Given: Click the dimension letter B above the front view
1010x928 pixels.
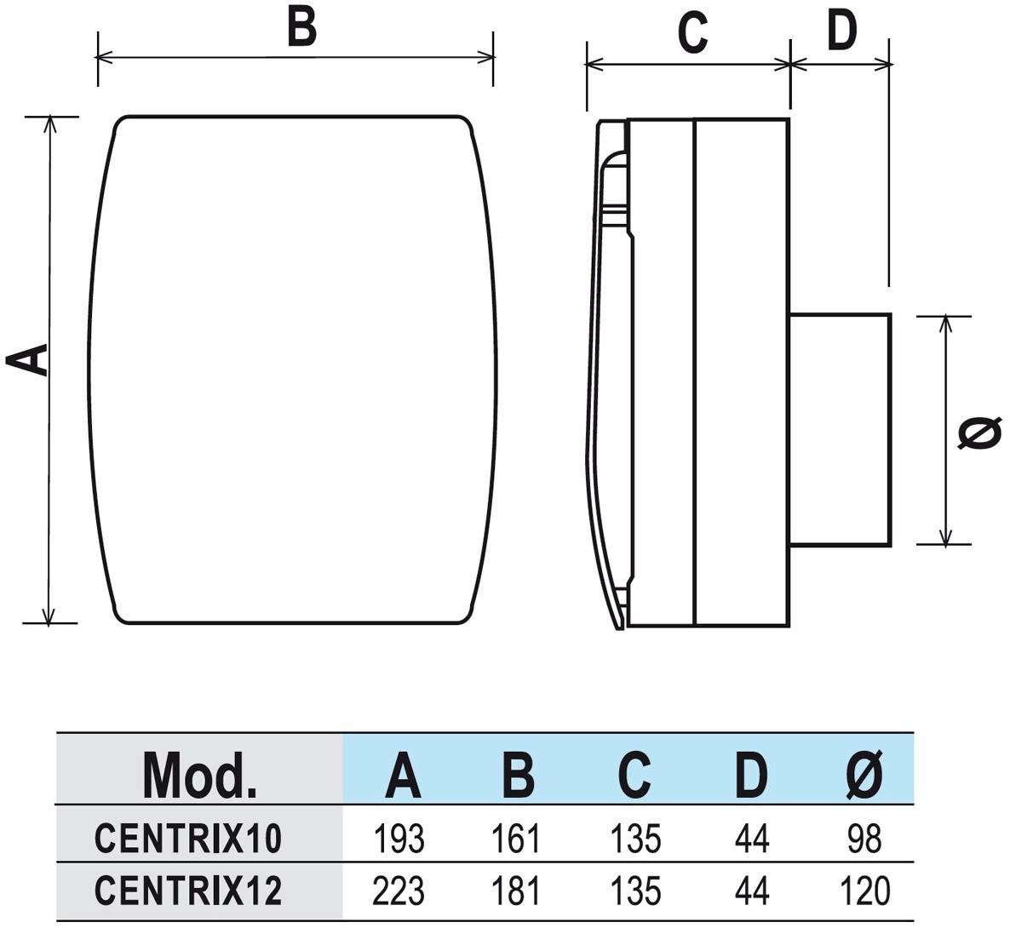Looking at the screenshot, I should [x=301, y=26].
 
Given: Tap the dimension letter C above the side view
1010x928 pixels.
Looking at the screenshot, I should [x=692, y=33].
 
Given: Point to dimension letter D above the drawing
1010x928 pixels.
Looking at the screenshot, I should [x=841, y=31].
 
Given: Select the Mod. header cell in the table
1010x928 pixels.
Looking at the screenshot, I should [x=199, y=773].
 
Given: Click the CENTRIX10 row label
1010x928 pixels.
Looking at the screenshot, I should [x=187, y=839].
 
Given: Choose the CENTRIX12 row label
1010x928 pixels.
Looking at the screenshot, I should [x=187, y=891].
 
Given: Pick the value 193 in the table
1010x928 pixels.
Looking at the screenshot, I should [x=399, y=839].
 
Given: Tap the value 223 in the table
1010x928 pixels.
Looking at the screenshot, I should [x=399, y=891].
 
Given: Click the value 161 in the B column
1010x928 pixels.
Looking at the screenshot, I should [x=516, y=839].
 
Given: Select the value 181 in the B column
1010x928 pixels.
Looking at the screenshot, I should [x=516, y=891].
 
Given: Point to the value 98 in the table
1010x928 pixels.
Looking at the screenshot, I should [x=864, y=839].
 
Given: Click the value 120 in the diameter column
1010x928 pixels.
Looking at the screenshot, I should [x=864, y=891].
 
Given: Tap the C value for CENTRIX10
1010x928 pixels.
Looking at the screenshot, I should [x=635, y=839].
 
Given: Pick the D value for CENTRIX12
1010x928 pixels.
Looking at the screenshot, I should [x=751, y=891].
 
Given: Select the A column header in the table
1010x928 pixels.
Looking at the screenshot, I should [x=403, y=774].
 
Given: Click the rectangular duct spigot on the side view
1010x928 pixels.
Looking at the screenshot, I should [x=840, y=428].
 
